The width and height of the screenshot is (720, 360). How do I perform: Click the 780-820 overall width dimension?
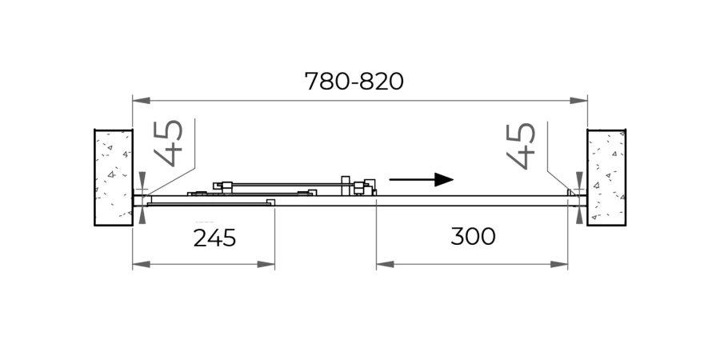[x=354, y=82]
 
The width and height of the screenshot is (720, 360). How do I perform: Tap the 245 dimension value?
[x=214, y=238]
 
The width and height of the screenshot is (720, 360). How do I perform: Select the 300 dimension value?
[x=473, y=237]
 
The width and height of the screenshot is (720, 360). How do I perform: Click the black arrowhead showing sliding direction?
[x=444, y=179]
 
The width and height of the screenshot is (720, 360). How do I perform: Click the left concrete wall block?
[x=114, y=177]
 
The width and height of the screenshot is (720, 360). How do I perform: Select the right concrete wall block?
[x=606, y=177]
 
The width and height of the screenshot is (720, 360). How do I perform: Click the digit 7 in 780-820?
[x=313, y=82]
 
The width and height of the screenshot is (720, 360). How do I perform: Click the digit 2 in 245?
[x=200, y=238]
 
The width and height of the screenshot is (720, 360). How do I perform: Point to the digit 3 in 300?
[x=458, y=237]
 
